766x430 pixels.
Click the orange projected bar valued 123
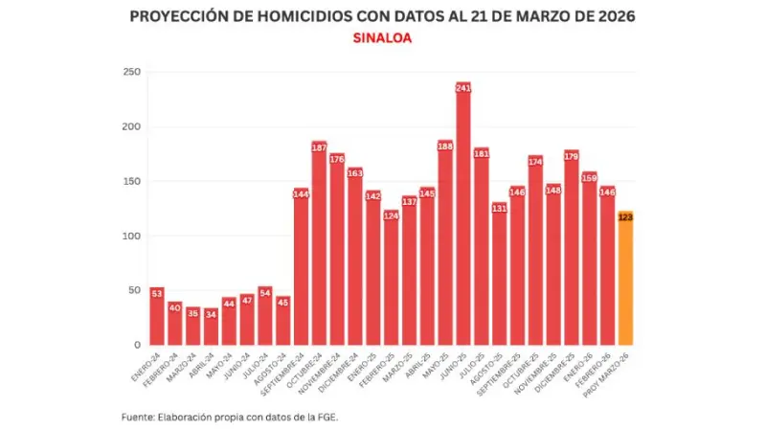click(625, 279)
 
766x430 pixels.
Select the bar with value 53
click(157, 316)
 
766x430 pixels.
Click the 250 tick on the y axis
click(131, 73)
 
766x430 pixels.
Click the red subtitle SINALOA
click(382, 39)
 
